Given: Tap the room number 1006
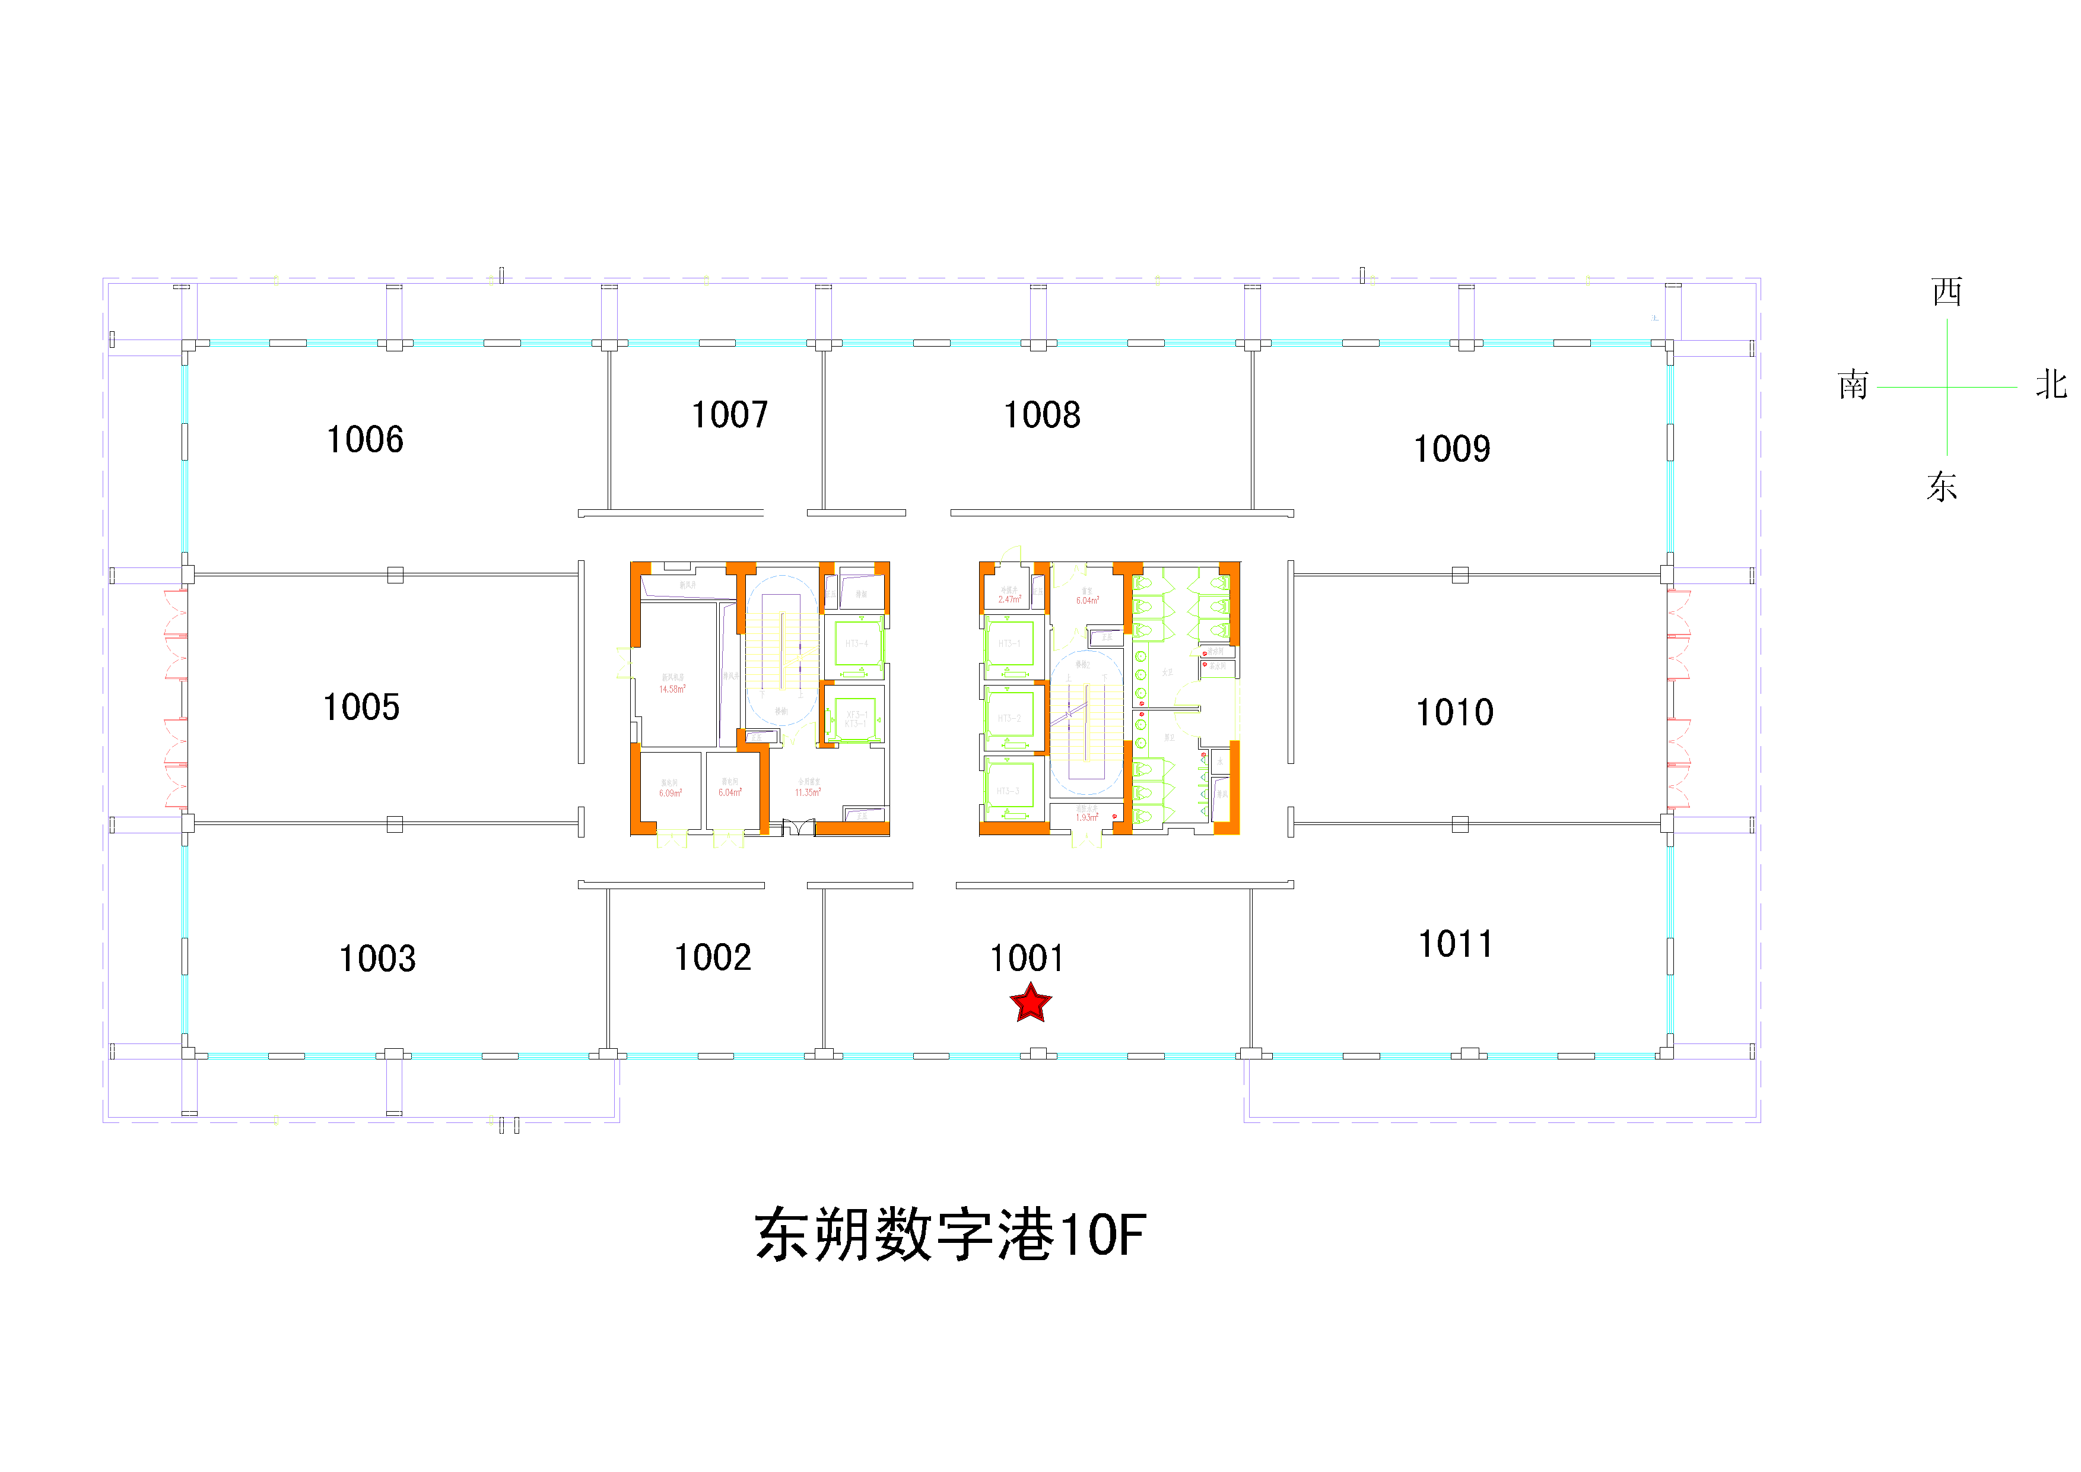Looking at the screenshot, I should [x=364, y=440].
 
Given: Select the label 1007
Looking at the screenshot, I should [x=730, y=415].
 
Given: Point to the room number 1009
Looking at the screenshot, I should [x=1452, y=449].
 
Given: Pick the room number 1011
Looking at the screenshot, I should [x=1455, y=944].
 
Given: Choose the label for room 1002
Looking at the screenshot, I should [x=713, y=958].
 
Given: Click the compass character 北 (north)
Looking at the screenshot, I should [x=2050, y=384].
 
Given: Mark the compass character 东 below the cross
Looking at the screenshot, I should [x=1942, y=487].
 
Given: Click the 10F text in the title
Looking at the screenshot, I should [x=1102, y=1235].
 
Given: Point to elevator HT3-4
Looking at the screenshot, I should [x=856, y=643].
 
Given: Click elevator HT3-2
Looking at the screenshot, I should [x=1009, y=718].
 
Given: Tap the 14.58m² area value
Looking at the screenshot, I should [x=672, y=690].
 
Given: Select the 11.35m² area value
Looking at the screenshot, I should [x=808, y=793].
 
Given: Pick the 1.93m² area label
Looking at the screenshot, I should [x=1086, y=817].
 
